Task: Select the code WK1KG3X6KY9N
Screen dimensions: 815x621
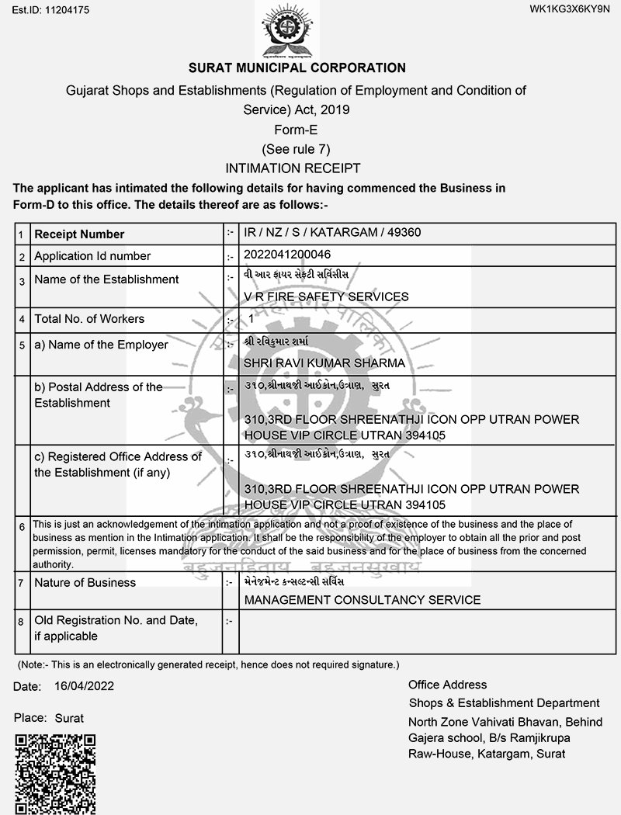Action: point(570,9)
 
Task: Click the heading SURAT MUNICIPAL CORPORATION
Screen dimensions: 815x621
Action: point(297,68)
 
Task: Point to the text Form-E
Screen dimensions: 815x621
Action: point(296,130)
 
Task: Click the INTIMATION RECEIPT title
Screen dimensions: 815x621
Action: point(293,168)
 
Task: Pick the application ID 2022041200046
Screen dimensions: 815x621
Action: point(286,255)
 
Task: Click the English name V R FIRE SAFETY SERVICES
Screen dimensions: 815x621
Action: point(326,297)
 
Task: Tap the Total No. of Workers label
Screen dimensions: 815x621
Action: point(89,319)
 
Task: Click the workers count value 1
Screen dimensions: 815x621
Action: point(252,319)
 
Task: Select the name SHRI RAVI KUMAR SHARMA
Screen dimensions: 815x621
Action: point(324,362)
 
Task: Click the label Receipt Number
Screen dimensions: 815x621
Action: point(79,234)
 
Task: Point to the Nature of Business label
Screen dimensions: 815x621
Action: point(85,583)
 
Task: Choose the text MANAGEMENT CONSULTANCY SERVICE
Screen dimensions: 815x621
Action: point(362,599)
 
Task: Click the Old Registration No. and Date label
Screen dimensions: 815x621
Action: point(116,628)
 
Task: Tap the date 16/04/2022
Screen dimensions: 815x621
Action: point(85,687)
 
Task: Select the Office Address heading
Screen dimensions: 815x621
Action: point(447,685)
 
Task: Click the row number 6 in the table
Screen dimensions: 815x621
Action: point(23,527)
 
